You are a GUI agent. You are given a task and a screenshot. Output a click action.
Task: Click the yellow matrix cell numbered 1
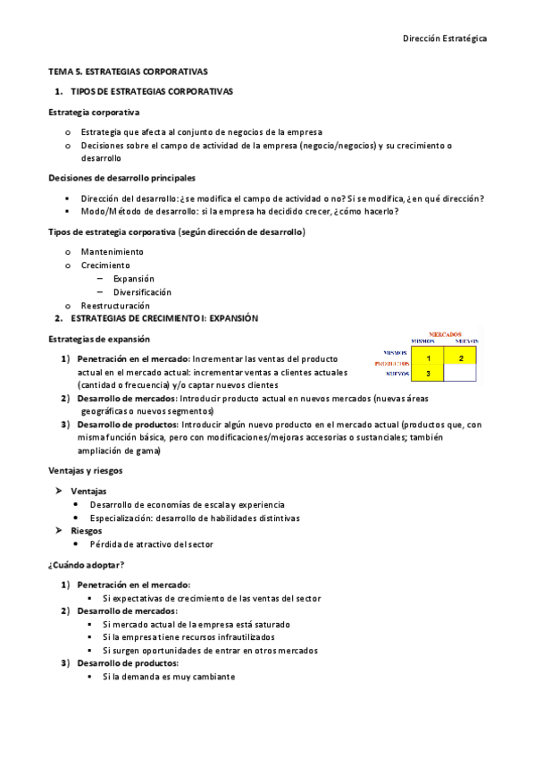click(428, 358)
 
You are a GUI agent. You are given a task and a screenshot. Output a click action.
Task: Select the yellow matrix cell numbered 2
click(461, 358)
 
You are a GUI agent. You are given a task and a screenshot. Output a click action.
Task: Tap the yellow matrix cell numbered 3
click(428, 374)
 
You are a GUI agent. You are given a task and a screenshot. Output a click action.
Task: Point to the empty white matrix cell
click(461, 374)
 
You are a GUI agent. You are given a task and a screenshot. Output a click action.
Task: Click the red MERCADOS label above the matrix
click(445, 333)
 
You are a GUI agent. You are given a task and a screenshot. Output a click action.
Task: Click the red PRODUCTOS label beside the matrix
click(392, 364)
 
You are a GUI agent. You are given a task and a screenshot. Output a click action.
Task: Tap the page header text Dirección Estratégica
click(444, 38)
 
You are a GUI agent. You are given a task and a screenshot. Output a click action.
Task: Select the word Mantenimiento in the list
click(112, 252)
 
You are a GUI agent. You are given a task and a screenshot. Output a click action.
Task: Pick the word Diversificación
click(142, 292)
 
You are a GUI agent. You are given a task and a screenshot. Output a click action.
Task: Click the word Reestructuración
click(115, 306)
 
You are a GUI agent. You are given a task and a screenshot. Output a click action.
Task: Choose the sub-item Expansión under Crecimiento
click(133, 279)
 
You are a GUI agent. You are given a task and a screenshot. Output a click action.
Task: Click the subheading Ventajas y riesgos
click(85, 470)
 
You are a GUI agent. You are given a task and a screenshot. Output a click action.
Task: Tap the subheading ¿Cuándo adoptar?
click(86, 564)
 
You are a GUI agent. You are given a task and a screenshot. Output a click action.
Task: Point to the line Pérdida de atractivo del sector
click(151, 543)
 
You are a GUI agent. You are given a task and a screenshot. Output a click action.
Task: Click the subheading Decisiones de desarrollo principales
click(121, 178)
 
